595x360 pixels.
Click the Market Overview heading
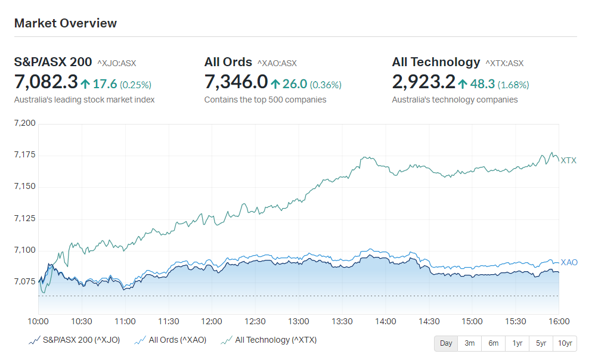[65, 23]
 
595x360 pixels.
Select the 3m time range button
[469, 343]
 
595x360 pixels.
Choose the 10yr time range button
[565, 343]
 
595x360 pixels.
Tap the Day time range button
[446, 343]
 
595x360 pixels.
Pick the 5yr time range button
[541, 343]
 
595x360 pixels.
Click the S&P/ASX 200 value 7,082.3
[46, 82]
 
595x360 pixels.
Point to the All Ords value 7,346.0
[236, 82]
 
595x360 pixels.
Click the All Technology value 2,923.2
[423, 82]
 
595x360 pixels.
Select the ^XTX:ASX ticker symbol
[504, 63]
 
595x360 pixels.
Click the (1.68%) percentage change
[513, 85]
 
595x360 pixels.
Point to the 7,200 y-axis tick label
[24, 123]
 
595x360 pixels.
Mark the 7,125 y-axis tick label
[24, 218]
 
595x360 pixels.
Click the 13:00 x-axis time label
[298, 322]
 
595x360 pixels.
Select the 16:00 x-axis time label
[559, 322]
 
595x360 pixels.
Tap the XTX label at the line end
[568, 160]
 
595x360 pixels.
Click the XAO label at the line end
[569, 262]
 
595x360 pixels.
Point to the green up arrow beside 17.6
[85, 84]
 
